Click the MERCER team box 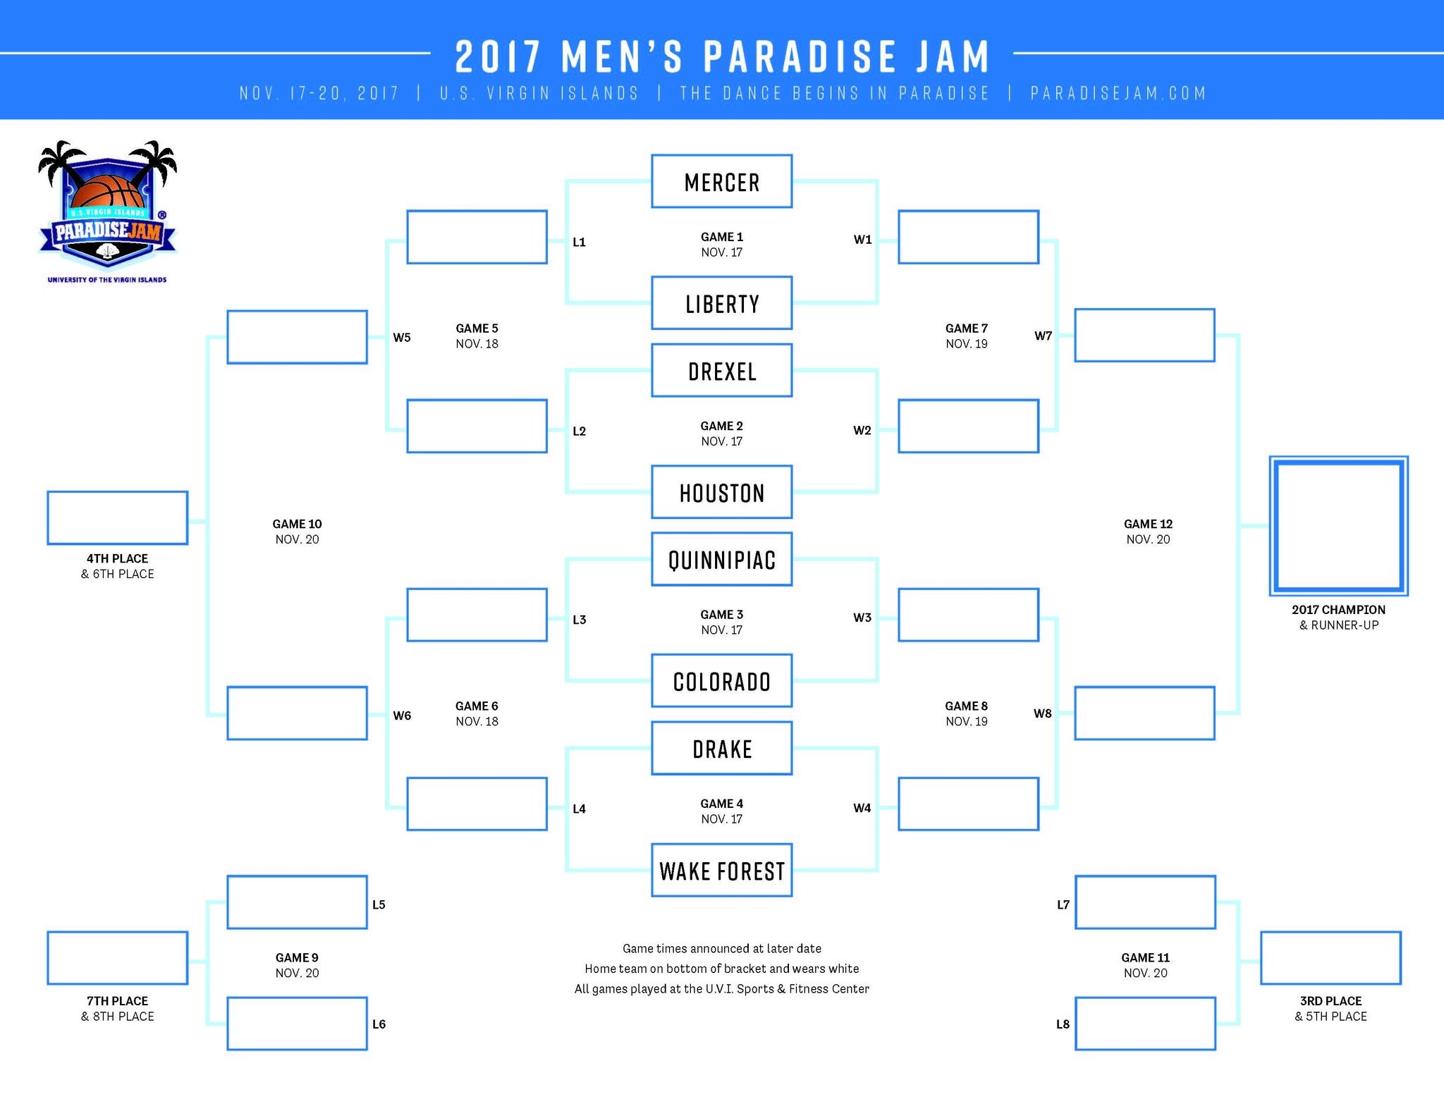pyautogui.click(x=721, y=181)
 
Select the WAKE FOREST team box pyautogui.click(x=721, y=870)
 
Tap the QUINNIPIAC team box pyautogui.click(x=721, y=559)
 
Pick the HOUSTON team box pyautogui.click(x=721, y=492)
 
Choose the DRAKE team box pyautogui.click(x=721, y=748)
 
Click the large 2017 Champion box pyautogui.click(x=1338, y=525)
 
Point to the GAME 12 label pyautogui.click(x=1148, y=524)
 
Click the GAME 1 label pyautogui.click(x=721, y=237)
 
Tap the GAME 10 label pyautogui.click(x=297, y=524)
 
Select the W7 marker pyautogui.click(x=1043, y=336)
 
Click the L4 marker pyautogui.click(x=579, y=809)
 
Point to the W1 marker pyautogui.click(x=862, y=240)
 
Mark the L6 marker pyautogui.click(x=379, y=1024)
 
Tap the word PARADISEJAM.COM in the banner pyautogui.click(x=1118, y=93)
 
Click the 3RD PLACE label pyautogui.click(x=1330, y=1000)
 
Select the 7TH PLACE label pyautogui.click(x=117, y=1000)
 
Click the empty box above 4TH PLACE pyautogui.click(x=117, y=517)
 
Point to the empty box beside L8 pyautogui.click(x=1145, y=1023)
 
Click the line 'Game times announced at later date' pyautogui.click(x=721, y=948)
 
